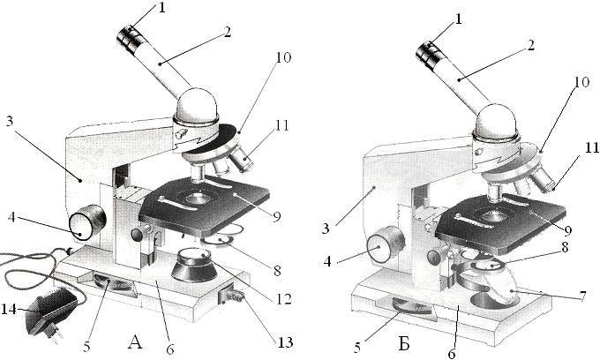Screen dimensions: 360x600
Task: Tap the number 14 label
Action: coord(12,310)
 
